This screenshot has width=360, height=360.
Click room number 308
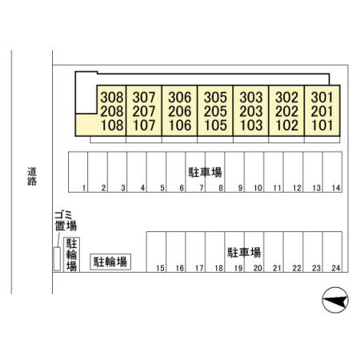click(112, 98)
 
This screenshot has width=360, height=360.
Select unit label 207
click(144, 111)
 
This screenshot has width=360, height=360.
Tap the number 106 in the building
click(180, 126)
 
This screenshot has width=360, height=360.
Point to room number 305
click(215, 98)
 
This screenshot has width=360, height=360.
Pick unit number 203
click(251, 111)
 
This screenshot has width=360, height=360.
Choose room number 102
click(286, 126)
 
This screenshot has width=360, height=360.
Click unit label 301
click(322, 98)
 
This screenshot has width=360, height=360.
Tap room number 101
click(322, 126)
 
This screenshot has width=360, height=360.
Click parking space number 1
click(84, 188)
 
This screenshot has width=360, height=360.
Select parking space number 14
click(336, 188)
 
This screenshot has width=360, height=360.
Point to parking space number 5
click(162, 188)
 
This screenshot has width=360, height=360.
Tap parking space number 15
click(160, 268)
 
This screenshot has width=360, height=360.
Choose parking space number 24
click(336, 268)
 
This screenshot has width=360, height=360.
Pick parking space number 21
click(278, 268)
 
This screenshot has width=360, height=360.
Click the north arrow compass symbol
click(335, 300)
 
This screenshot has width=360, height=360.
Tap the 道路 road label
click(32, 176)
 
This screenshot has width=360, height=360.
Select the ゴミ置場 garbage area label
click(66, 221)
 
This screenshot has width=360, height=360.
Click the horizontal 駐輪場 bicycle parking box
click(110, 262)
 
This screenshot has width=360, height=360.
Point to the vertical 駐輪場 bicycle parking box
click(72, 254)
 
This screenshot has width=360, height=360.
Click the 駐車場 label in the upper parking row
click(205, 172)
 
